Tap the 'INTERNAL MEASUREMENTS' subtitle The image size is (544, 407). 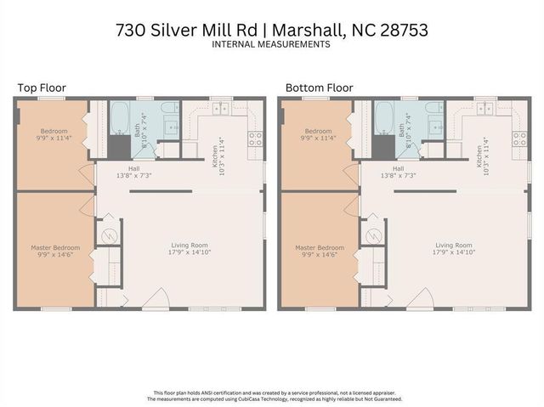point(271,45)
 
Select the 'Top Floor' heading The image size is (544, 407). point(42,88)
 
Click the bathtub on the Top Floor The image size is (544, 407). point(119,118)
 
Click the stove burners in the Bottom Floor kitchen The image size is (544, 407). point(518,138)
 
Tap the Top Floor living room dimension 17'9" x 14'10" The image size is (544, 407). point(189,252)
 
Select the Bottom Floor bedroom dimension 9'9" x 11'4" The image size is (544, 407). point(317,138)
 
